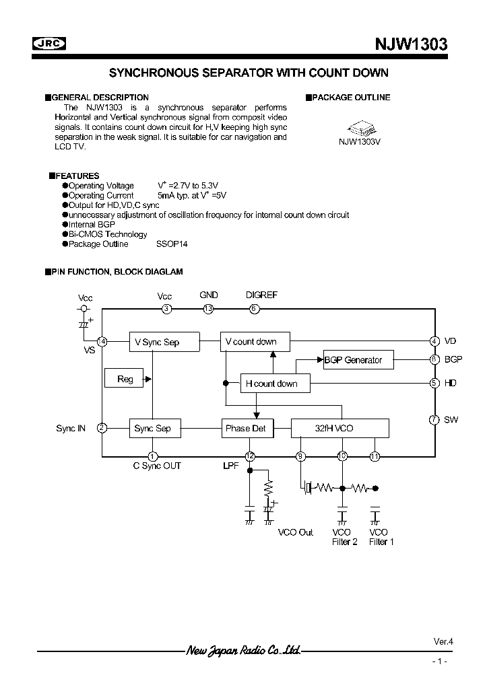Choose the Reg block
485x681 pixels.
(125, 379)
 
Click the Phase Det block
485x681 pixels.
(248, 428)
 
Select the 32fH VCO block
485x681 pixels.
(339, 428)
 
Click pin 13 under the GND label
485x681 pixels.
(209, 309)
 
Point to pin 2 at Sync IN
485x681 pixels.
(102, 428)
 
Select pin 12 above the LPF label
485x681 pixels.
(250, 456)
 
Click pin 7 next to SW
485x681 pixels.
(434, 420)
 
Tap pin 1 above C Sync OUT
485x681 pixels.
(153, 456)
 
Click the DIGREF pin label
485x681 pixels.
(261, 295)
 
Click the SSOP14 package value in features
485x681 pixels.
(172, 244)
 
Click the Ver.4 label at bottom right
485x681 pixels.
(443, 641)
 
